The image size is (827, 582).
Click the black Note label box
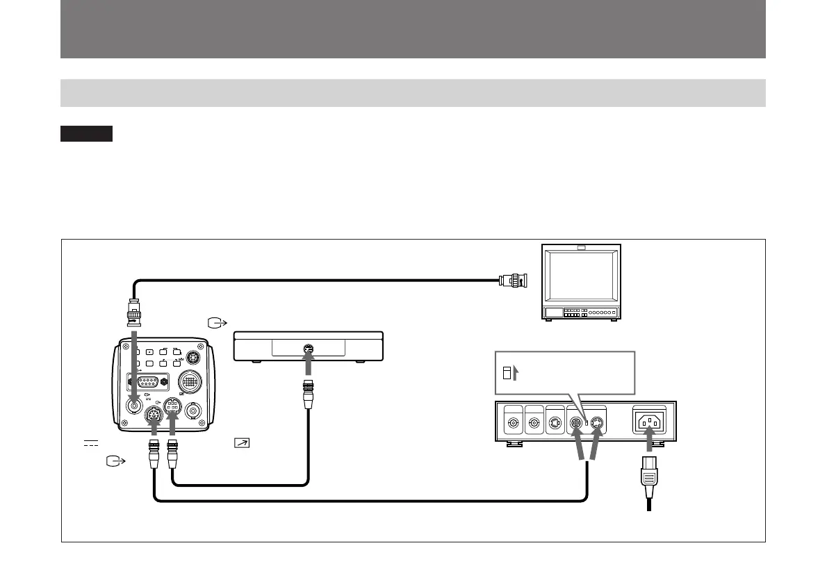pos(86,133)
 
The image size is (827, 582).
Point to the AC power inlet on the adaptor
pos(649,422)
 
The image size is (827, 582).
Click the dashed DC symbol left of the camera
pos(90,443)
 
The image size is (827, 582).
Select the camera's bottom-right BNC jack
pos(193,410)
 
